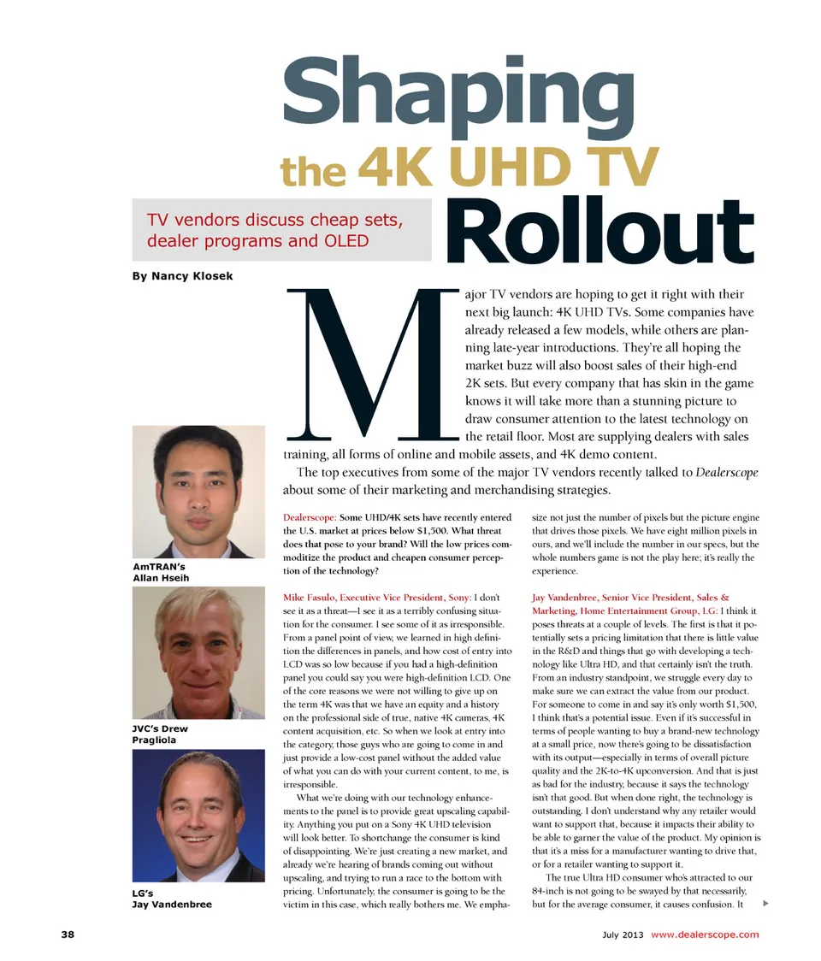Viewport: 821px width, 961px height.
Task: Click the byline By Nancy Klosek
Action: [x=182, y=276]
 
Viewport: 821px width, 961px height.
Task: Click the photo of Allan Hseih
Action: [x=198, y=492]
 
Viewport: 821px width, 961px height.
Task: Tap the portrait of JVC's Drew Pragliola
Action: [x=198, y=653]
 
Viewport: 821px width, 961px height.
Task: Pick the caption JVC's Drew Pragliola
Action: [x=161, y=734]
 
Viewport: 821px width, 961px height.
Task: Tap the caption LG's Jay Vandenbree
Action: [x=172, y=899]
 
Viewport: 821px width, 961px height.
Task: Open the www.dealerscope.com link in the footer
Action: [x=705, y=934]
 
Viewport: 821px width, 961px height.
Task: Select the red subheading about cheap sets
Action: [x=275, y=229]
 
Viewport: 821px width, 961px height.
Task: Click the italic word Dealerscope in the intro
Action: [x=727, y=472]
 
